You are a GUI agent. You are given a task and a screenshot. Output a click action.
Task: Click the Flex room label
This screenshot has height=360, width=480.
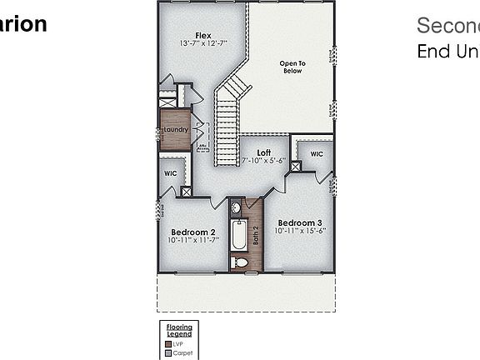[x=202, y=35]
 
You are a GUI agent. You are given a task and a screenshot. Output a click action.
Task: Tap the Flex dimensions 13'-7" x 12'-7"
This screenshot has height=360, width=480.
[x=202, y=43]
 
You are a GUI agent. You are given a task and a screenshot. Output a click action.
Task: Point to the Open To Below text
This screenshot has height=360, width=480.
[x=292, y=67]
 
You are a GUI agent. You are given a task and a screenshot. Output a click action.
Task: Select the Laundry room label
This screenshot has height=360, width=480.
[x=175, y=129]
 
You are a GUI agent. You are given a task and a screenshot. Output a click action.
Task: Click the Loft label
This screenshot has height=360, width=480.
[x=263, y=152]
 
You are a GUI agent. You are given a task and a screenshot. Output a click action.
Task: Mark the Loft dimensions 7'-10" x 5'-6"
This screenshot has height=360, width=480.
[x=263, y=161]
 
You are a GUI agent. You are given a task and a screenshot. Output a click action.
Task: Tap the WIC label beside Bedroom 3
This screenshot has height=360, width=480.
[x=317, y=154]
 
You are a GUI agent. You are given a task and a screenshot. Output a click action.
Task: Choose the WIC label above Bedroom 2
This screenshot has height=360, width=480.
[x=171, y=173]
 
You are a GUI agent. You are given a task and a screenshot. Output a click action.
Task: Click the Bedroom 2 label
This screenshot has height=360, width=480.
[x=193, y=232]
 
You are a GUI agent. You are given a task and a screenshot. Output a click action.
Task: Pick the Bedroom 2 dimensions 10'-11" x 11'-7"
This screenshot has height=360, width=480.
[x=193, y=240]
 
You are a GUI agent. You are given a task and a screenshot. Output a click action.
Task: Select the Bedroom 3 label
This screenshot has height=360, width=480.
[x=300, y=222]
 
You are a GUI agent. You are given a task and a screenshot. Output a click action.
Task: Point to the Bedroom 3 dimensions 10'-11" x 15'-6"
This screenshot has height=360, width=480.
[x=300, y=231]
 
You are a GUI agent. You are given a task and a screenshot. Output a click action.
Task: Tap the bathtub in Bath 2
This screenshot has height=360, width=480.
[x=238, y=236]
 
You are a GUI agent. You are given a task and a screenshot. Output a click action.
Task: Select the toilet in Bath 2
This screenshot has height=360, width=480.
[x=241, y=262]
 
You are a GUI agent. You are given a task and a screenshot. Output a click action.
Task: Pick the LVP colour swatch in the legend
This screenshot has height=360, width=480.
[x=167, y=342]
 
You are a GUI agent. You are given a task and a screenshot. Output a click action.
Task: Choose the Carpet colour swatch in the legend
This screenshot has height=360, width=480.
[x=167, y=352]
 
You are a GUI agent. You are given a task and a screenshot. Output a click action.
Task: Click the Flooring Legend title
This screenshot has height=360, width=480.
[x=179, y=330]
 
